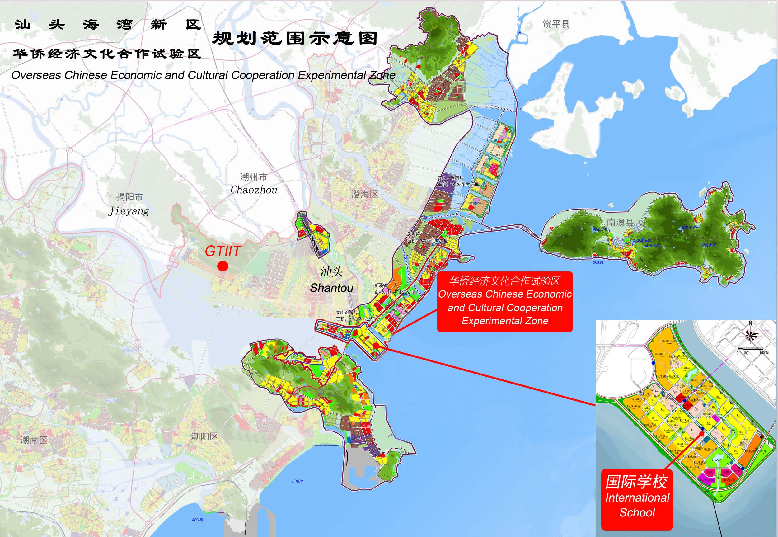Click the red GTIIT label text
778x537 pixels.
pos(223,251)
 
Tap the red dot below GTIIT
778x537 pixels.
pos(223,266)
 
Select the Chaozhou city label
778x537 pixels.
pos(254,190)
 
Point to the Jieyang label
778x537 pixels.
pos(129,211)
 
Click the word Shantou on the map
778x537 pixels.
pos(331,288)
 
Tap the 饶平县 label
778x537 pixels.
pos(556,24)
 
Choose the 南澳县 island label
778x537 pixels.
pos(620,222)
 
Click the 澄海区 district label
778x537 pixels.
pos(365,194)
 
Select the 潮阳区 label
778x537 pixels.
pos(204,437)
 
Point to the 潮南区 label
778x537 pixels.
pos(34,440)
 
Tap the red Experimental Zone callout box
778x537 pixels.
pos(504,301)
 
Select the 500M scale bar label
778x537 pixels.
pos(764,353)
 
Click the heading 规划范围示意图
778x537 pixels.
pos(295,39)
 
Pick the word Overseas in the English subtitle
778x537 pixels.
pos(37,75)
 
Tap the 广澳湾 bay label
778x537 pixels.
pos(297,481)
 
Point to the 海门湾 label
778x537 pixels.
pos(197,520)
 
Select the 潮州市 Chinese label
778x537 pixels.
pos(254,177)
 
